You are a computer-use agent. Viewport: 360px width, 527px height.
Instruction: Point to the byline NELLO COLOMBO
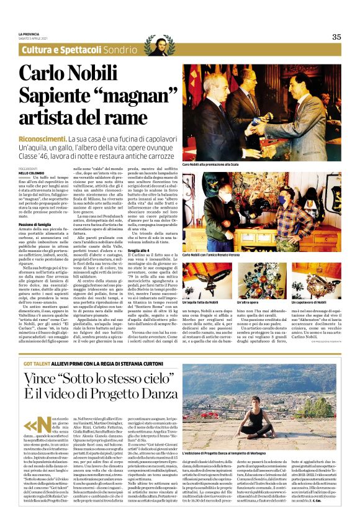(32, 155)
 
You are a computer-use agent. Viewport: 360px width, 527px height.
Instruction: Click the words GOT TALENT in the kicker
(34, 346)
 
